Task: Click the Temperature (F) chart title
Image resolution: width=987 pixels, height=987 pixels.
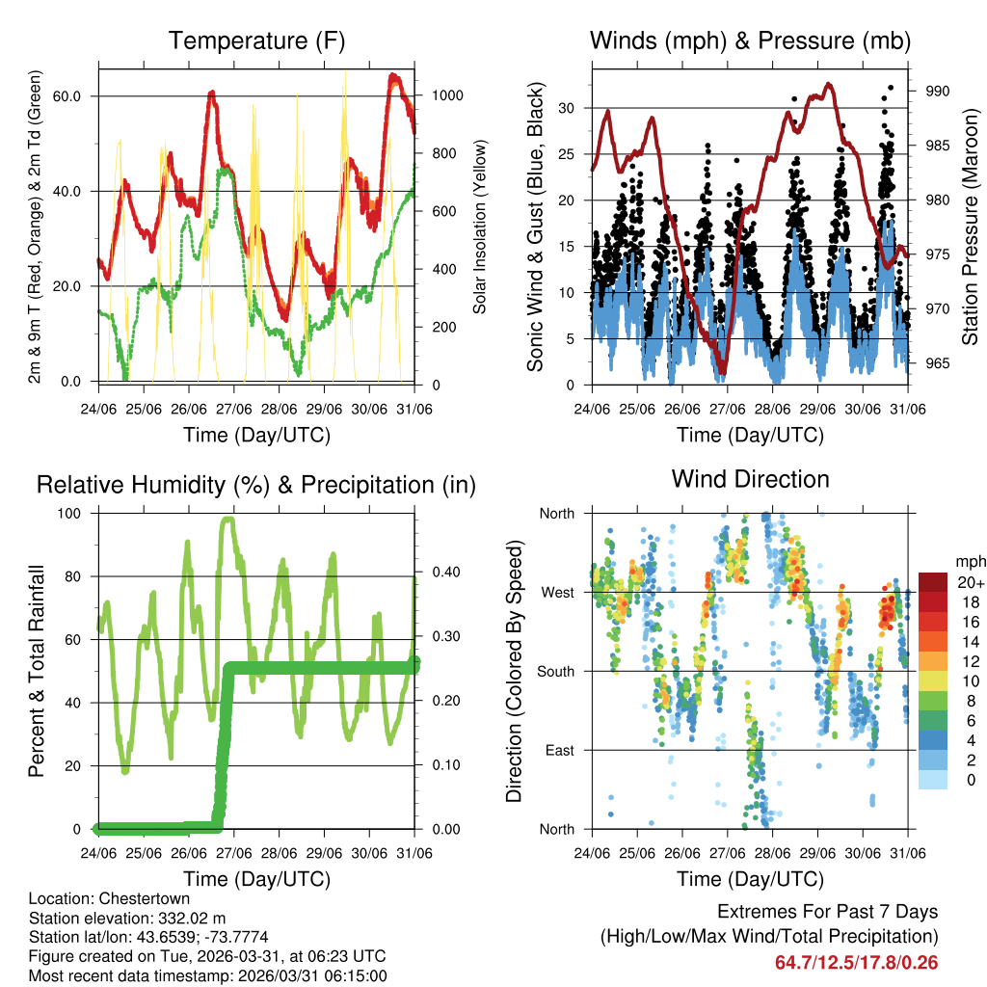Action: pyautogui.click(x=256, y=40)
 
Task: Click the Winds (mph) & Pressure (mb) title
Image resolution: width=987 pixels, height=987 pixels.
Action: pyautogui.click(x=750, y=40)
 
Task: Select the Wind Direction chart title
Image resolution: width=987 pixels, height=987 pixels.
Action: pyautogui.click(x=750, y=479)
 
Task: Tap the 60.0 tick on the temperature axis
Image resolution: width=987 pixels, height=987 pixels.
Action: pyautogui.click(x=78, y=96)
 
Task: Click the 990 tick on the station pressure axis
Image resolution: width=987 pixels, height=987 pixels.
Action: pyautogui.click(x=938, y=91)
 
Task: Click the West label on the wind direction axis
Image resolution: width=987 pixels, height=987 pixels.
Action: pyautogui.click(x=556, y=592)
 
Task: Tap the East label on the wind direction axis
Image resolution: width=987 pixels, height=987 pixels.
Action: pyautogui.click(x=558, y=750)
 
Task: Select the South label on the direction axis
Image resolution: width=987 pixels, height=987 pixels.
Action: pyautogui.click(x=555, y=671)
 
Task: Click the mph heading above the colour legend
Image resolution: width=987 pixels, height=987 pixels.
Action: pyautogui.click(x=970, y=561)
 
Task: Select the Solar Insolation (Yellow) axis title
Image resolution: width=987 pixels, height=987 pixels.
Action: pyautogui.click(x=479, y=227)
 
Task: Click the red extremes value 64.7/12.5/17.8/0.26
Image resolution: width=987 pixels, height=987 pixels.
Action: pyautogui.click(x=856, y=962)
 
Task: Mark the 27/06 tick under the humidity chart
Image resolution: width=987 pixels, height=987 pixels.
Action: pyautogui.click(x=233, y=853)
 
